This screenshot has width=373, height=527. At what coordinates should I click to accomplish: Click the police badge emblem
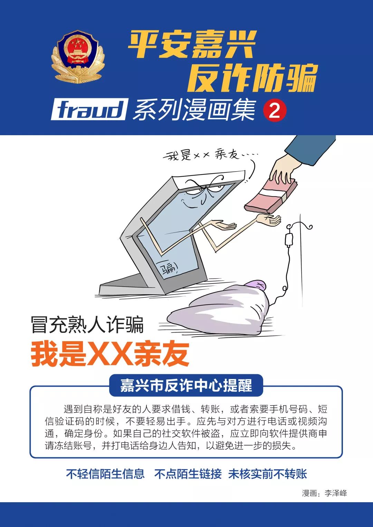point(78,57)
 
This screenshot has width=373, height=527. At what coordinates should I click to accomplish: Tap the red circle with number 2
point(275,111)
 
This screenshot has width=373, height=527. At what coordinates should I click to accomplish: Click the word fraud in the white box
point(89,110)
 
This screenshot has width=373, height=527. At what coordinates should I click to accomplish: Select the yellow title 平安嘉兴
point(192,44)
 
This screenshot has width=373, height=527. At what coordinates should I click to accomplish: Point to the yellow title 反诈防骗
point(252,78)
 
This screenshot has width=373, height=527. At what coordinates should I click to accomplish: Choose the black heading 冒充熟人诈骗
point(87,325)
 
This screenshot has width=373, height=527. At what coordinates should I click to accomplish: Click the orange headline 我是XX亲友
point(110,354)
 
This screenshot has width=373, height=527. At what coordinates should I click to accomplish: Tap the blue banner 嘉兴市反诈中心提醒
point(186,385)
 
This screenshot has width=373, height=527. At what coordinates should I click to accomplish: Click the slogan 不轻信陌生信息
point(105,474)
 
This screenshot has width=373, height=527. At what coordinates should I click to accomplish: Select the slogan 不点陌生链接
point(188,474)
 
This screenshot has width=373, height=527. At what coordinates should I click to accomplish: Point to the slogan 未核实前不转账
point(268,474)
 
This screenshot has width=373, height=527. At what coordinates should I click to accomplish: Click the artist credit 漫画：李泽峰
point(324,493)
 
